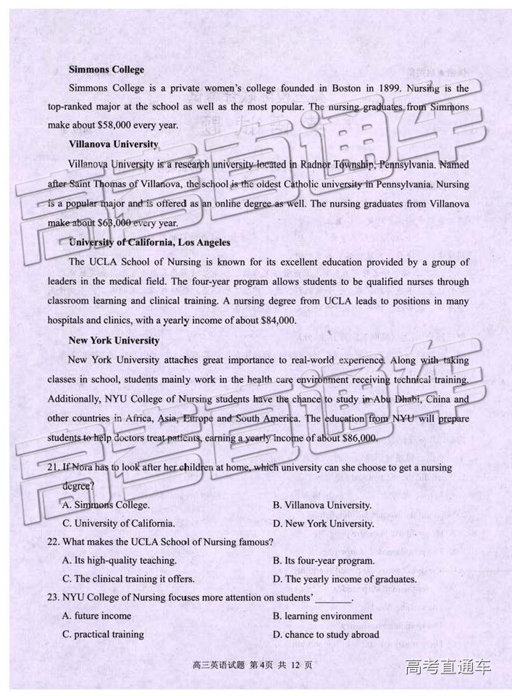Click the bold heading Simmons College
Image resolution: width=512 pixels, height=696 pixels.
(106, 70)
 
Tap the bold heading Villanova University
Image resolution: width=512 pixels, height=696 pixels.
(113, 144)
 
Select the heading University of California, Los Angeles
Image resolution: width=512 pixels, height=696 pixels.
(149, 242)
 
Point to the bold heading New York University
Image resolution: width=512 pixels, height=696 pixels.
(114, 340)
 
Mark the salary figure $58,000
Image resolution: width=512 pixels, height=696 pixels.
(119, 125)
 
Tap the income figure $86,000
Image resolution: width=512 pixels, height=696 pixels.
(355, 438)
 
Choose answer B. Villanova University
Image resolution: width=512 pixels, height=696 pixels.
(322, 505)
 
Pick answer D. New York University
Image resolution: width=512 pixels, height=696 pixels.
(323, 523)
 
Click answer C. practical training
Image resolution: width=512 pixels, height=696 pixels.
(103, 634)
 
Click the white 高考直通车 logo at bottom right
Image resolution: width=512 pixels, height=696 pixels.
(448, 666)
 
